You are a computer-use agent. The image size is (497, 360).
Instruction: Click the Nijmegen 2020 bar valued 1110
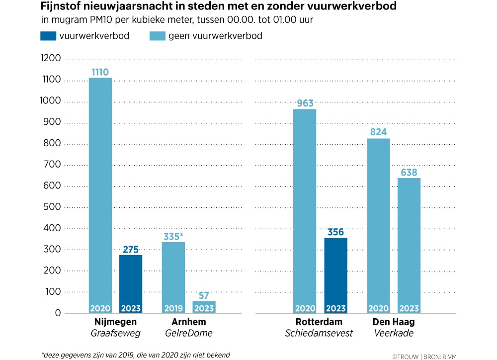point(100,194)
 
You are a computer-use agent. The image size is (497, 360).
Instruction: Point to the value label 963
point(305,103)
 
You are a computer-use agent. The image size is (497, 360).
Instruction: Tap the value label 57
point(204,295)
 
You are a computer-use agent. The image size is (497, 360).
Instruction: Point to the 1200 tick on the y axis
point(50,59)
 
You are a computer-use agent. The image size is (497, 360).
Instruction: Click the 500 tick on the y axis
point(52,207)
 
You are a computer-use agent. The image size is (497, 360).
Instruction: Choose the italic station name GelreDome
point(189,333)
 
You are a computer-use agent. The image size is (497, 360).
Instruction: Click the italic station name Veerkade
point(393,333)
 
